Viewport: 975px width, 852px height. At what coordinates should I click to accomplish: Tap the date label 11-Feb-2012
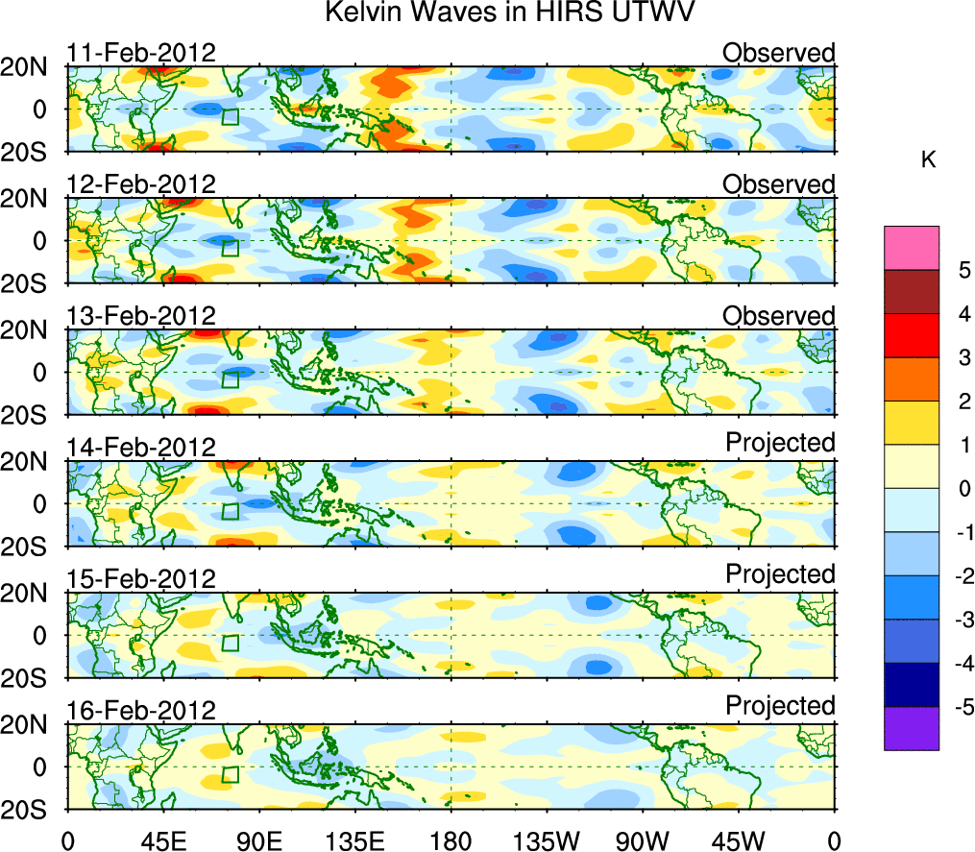pos(141,53)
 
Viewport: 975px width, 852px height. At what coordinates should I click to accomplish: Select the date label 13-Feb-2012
pos(141,316)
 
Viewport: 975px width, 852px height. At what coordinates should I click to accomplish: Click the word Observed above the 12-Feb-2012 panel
pos(779,183)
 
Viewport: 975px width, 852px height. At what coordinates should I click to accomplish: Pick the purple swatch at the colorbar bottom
pos(911,728)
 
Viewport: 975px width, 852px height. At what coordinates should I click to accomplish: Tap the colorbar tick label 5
pos(958,271)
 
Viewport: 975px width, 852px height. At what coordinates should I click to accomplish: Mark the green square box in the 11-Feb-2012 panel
pos(230,117)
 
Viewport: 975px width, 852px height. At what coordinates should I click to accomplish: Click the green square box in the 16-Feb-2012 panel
pos(230,775)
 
